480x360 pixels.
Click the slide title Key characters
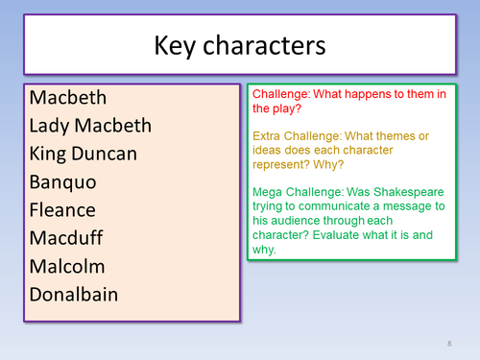click(239, 44)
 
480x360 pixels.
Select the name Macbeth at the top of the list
click(68, 97)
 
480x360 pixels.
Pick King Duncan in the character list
click(84, 154)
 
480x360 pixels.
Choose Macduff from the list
click(66, 238)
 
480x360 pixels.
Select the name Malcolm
click(67, 266)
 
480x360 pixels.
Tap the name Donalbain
click(74, 294)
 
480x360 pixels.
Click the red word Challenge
click(280, 95)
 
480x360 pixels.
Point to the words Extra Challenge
click(297, 136)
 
